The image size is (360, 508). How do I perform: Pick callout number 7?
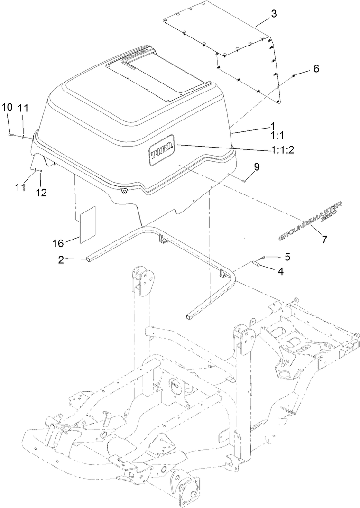coord(324,240)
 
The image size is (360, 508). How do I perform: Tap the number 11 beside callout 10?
coord(23,108)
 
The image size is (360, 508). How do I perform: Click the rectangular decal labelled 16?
coord(88,224)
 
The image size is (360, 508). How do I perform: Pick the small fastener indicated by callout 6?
coord(294,76)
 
